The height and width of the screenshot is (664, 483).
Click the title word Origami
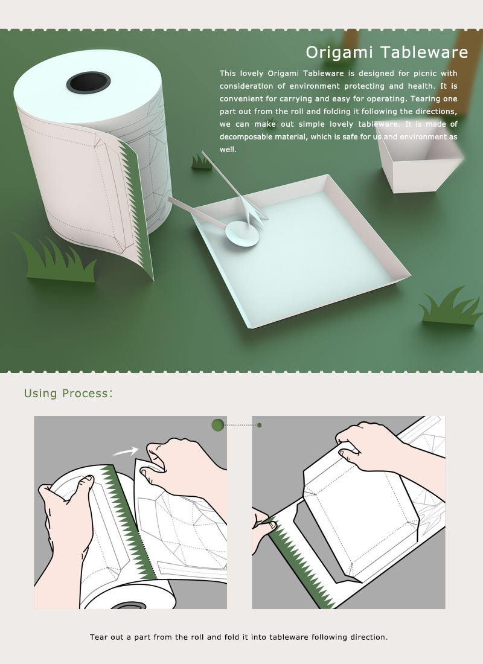click(335, 53)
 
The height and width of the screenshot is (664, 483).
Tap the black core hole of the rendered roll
click(88, 83)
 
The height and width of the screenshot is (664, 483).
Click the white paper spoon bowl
click(242, 235)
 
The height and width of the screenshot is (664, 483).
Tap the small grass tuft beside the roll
click(201, 161)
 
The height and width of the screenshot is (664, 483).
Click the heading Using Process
click(68, 394)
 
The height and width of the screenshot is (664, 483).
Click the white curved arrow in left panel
click(126, 451)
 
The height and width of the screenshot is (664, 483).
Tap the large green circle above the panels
click(218, 425)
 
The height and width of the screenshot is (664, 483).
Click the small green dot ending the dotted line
click(260, 425)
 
